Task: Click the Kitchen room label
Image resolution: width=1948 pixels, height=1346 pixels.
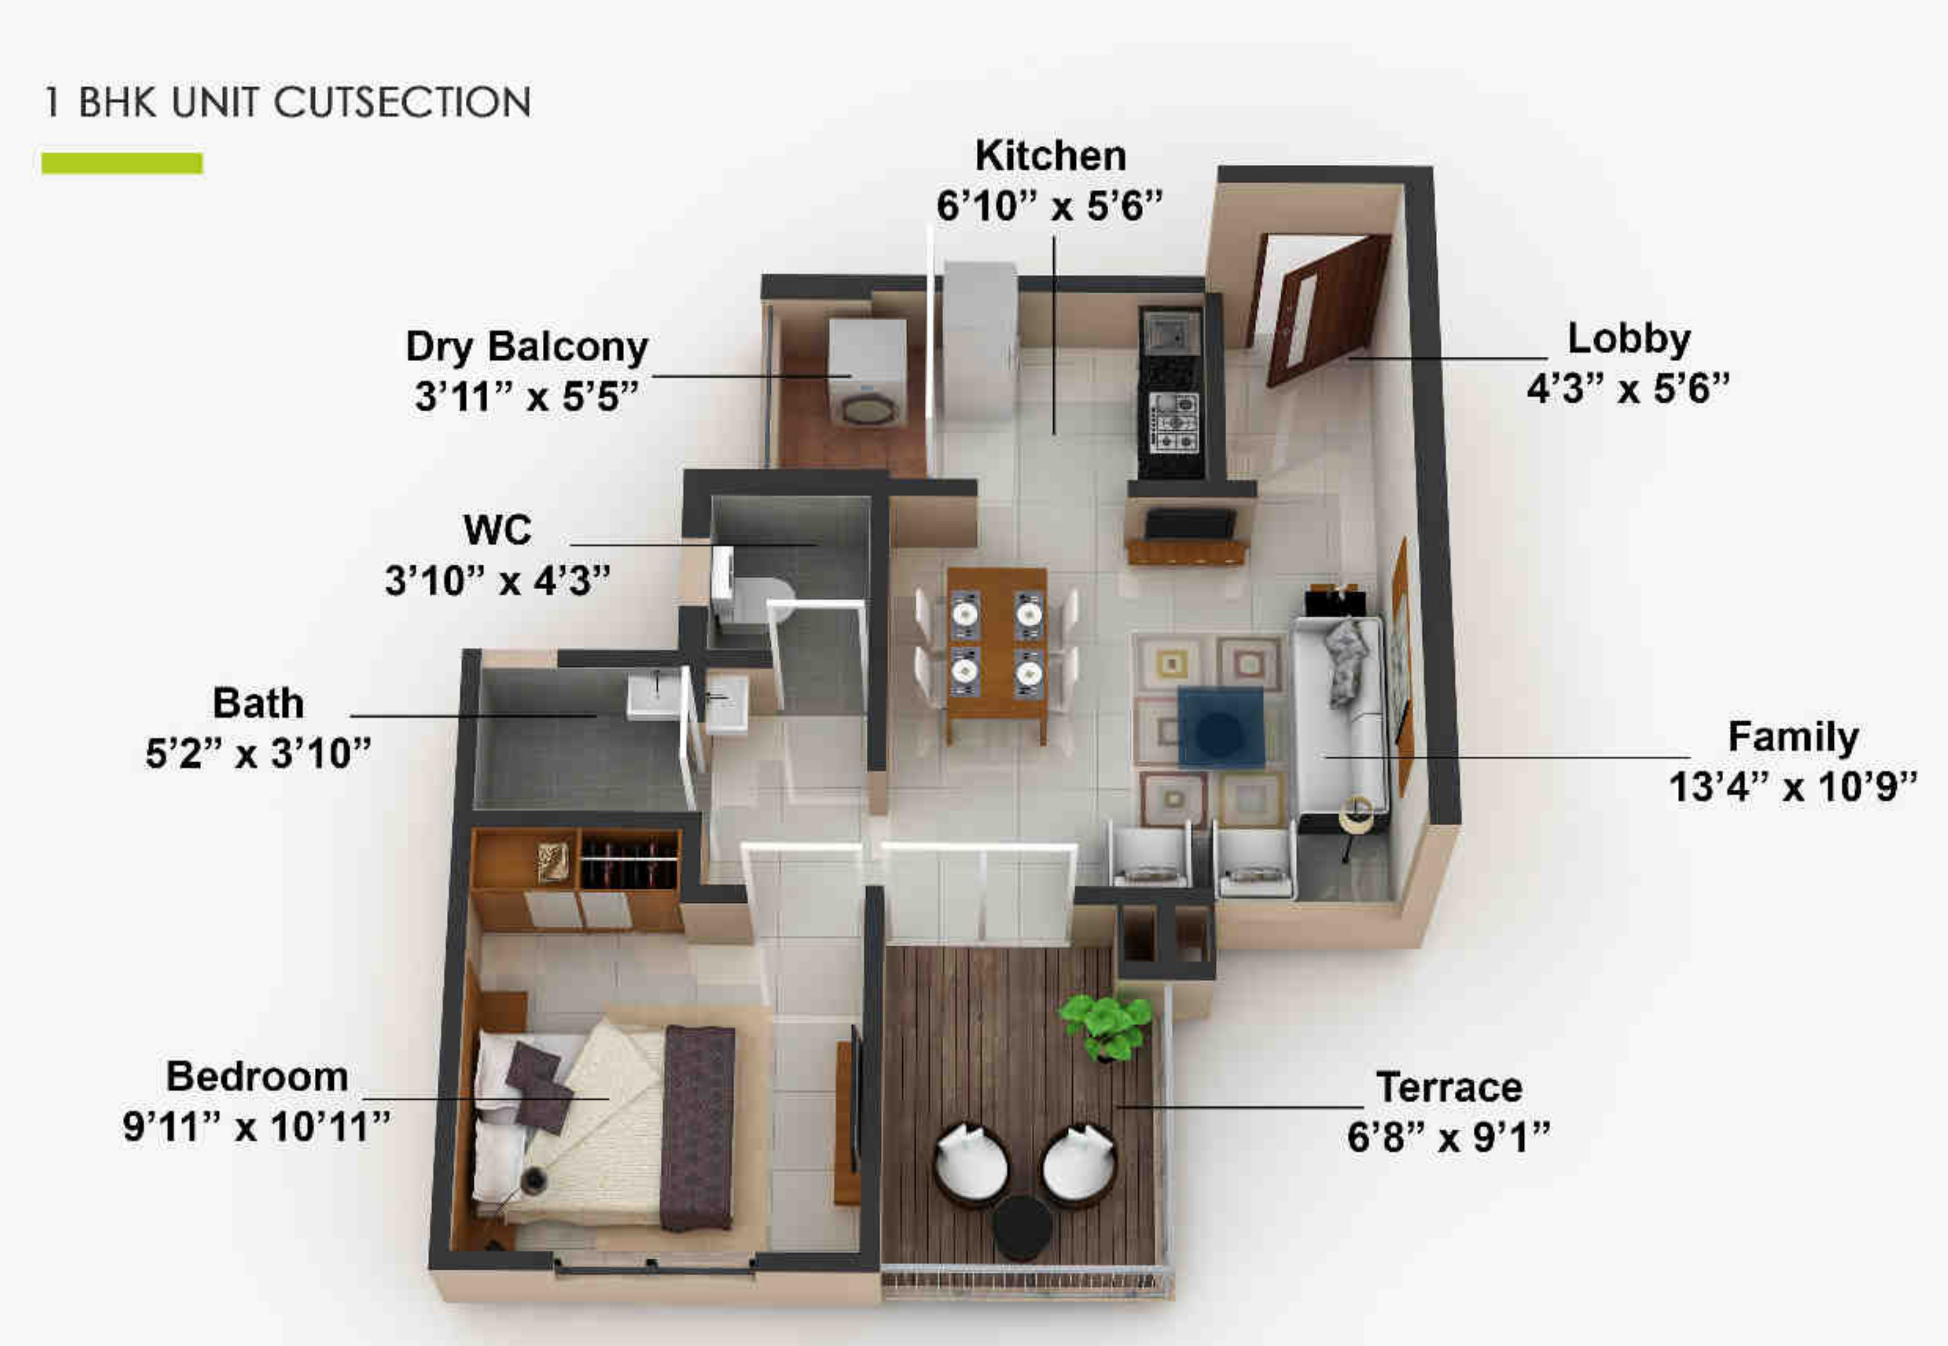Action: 1050,156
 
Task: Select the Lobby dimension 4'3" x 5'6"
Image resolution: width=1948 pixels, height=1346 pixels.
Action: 1627,389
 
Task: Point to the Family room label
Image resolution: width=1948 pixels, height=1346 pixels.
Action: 1793,736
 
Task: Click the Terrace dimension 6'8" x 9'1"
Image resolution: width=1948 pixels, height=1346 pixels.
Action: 1448,1137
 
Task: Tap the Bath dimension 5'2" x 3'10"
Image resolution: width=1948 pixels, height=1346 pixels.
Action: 258,753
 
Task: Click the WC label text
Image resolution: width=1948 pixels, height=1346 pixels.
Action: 498,530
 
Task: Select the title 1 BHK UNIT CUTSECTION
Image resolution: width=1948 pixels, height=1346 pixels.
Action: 287,102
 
